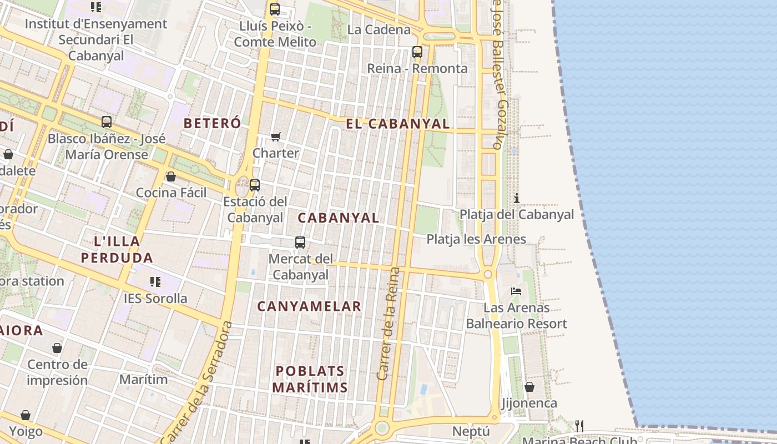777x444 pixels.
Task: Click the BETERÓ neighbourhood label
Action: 212,123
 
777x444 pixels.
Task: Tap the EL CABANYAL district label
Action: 397,124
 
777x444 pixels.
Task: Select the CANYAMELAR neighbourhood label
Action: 309,306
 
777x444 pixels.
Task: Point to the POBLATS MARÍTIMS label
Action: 310,379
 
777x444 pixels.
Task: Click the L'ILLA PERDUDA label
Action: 117,249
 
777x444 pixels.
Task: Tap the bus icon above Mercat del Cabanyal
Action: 300,242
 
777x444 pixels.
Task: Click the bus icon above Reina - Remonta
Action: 417,52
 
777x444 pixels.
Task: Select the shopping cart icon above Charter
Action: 276,137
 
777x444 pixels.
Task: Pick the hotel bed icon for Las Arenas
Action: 516,291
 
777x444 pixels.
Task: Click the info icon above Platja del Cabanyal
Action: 517,198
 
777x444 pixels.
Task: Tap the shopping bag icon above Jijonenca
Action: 529,387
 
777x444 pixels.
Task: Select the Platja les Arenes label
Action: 476,239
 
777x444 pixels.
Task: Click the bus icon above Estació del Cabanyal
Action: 255,185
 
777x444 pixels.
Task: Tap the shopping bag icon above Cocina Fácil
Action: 171,176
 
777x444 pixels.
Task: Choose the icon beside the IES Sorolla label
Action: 155,282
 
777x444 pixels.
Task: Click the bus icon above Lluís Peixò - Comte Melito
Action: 275,9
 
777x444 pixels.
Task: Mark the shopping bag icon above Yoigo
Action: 26,415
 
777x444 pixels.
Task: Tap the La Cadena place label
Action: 379,29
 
